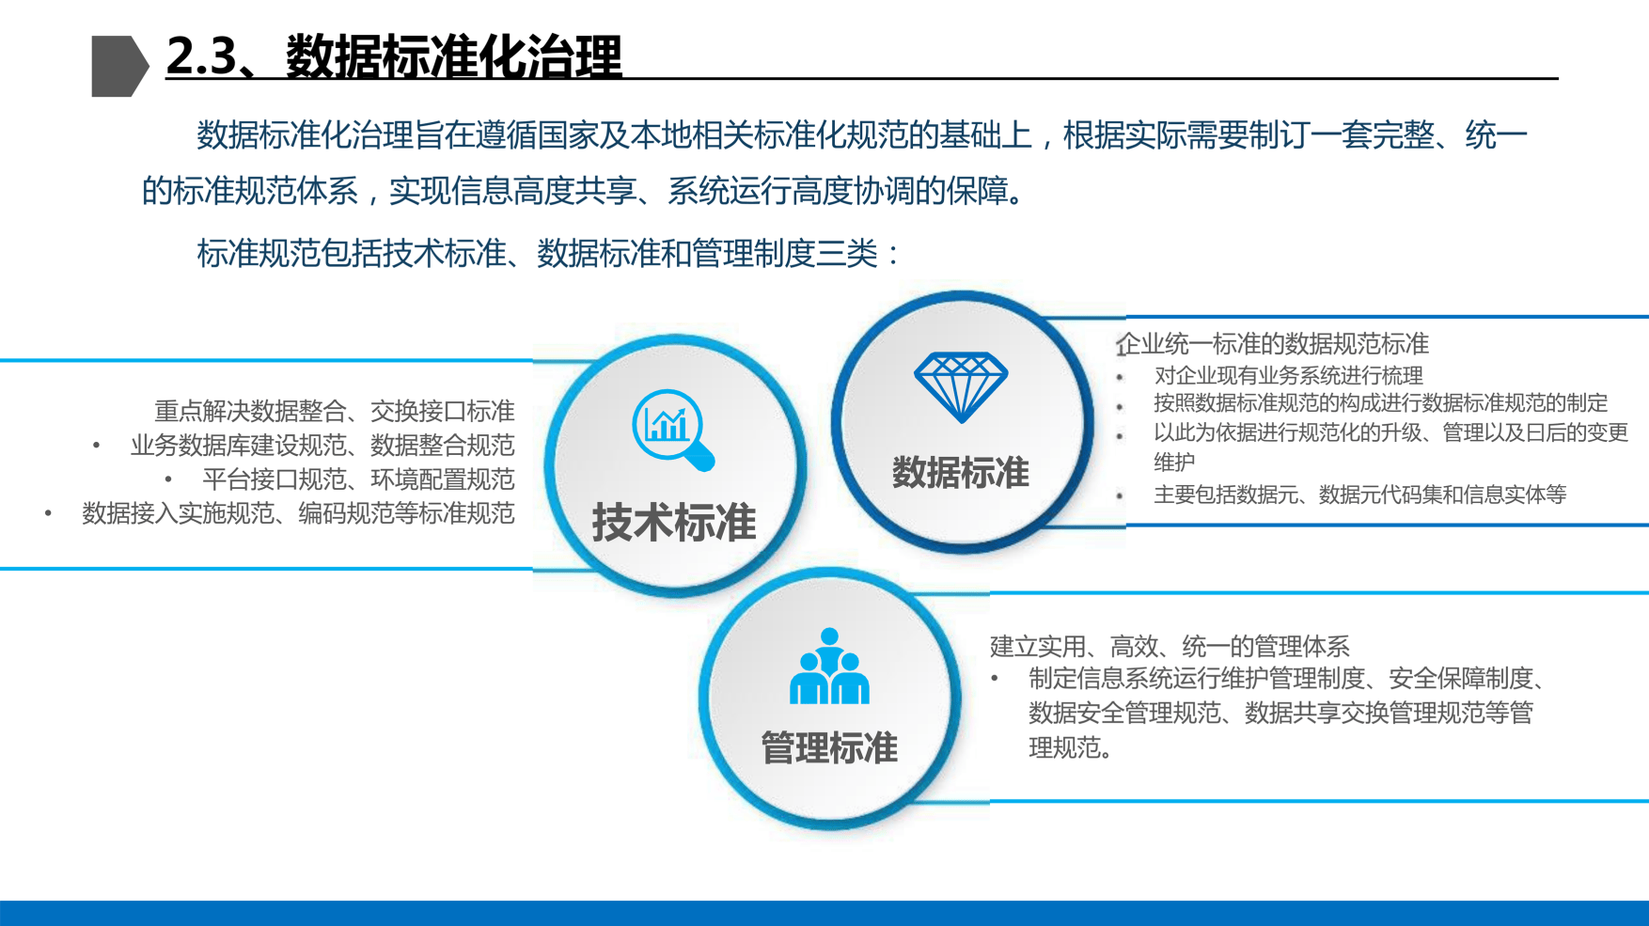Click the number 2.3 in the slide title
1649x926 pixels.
pos(201,56)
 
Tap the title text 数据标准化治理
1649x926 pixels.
pos(454,56)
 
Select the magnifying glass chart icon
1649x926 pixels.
pos(673,430)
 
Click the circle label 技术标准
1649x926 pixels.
pos(674,522)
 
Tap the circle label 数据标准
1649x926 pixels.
pos(961,472)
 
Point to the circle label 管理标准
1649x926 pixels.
pos(829,748)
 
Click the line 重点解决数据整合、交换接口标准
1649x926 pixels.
pos(335,411)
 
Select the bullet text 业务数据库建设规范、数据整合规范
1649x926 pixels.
pos(322,445)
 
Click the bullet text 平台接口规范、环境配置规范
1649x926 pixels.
pos(358,479)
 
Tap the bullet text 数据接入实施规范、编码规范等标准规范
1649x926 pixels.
pos(298,513)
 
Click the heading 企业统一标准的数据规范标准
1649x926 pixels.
pos(1273,344)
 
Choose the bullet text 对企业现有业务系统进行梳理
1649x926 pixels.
pos(1288,376)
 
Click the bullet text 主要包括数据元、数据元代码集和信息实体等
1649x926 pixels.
pos(1359,494)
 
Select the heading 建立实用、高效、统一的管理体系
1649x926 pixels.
pos(1170,646)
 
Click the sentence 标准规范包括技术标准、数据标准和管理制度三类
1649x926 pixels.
pos(538,254)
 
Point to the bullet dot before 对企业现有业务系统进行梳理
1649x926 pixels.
pos(1121,378)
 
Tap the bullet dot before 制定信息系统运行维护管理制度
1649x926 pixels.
pos(995,678)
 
